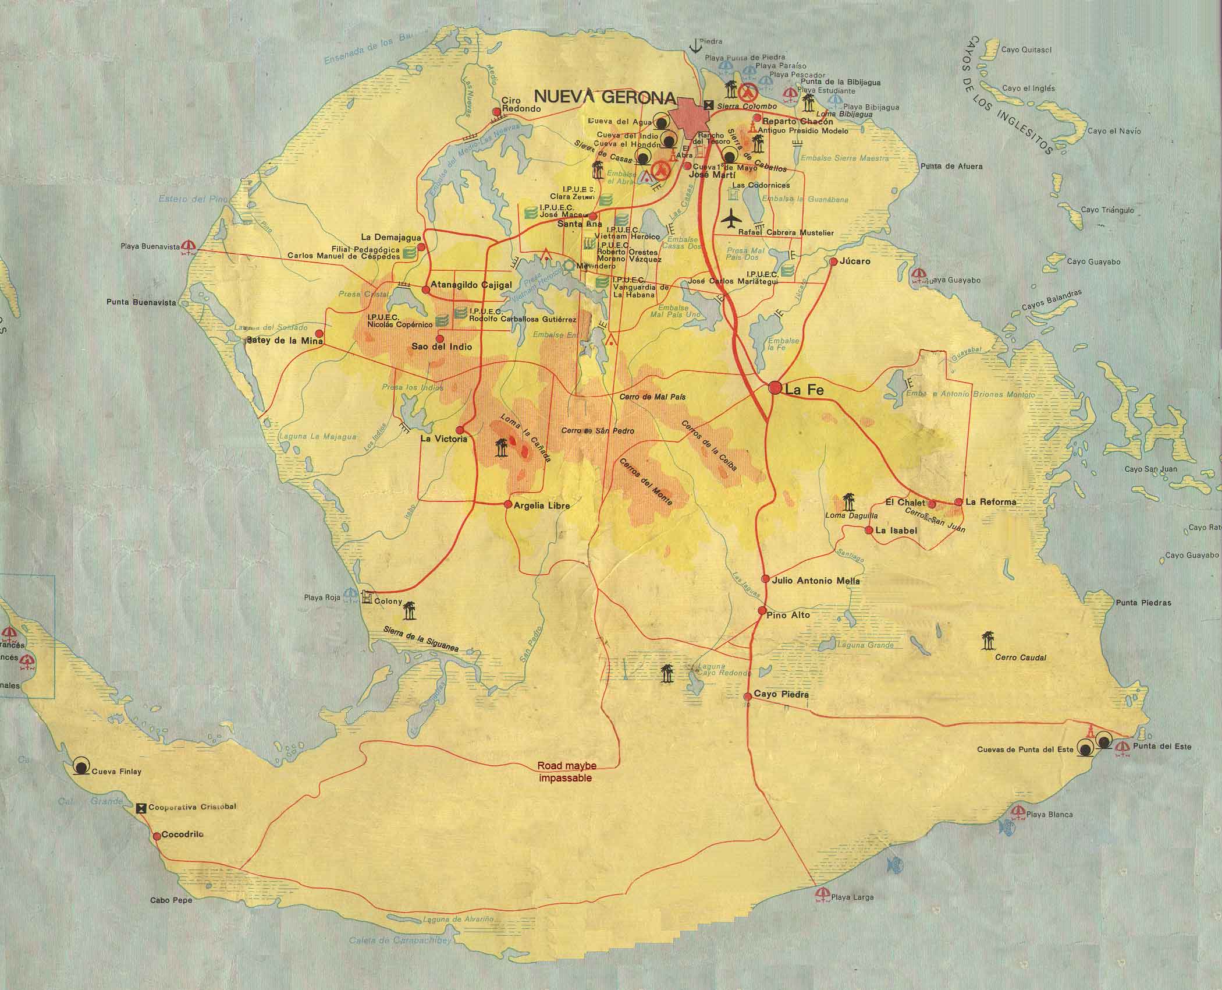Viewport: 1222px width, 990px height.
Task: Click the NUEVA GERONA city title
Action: [x=605, y=97]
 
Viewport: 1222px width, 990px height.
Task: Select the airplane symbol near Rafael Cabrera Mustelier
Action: [x=732, y=220]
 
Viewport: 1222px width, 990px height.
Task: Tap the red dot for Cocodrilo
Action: [x=156, y=836]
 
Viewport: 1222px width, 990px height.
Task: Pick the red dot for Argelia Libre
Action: [x=508, y=504]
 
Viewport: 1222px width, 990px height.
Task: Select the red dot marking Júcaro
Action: [x=833, y=262]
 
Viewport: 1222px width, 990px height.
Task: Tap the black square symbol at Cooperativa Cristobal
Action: [x=141, y=808]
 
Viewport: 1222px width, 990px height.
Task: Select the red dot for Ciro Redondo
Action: [x=496, y=111]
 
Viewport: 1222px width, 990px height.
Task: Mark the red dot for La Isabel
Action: [x=868, y=530]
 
